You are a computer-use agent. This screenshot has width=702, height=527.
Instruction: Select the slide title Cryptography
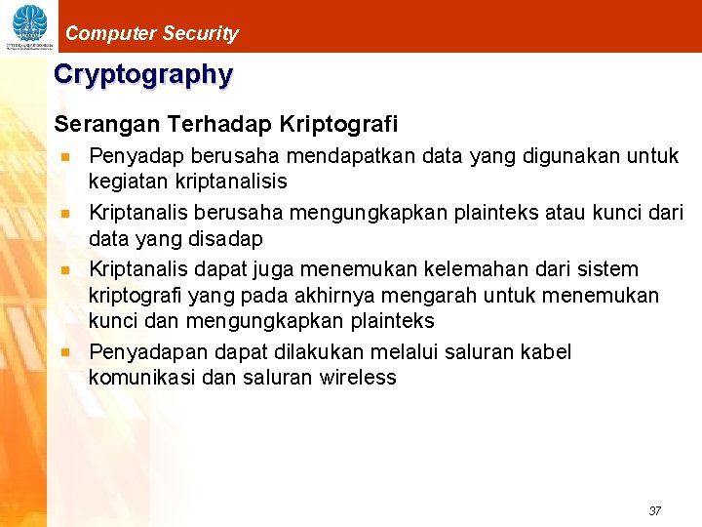click(x=143, y=74)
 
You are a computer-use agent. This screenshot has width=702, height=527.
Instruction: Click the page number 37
click(x=654, y=511)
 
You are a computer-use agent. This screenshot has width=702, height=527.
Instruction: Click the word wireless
click(x=358, y=378)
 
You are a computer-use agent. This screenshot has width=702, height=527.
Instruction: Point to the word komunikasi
click(x=137, y=378)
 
